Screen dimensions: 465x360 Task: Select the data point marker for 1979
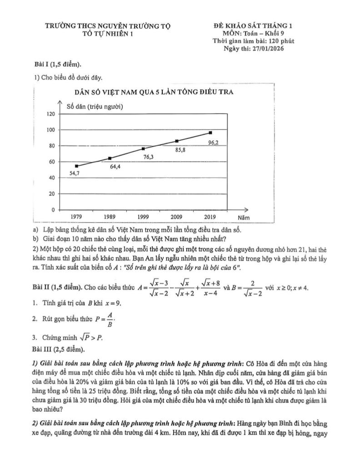click(76, 166)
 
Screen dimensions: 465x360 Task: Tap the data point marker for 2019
click(210, 133)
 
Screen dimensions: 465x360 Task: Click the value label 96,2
click(213, 143)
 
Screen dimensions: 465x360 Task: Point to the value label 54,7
click(75, 173)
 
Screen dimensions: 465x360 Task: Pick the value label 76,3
click(149, 157)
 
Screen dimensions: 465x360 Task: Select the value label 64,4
click(115, 167)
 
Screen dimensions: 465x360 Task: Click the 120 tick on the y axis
click(50, 114)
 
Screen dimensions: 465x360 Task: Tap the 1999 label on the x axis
click(143, 217)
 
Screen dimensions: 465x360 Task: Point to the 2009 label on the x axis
click(177, 217)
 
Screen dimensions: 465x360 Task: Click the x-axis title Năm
click(244, 218)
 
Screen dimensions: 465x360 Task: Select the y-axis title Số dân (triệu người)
click(95, 107)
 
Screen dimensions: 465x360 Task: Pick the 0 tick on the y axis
click(53, 210)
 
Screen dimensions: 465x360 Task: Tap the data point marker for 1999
click(143, 148)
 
